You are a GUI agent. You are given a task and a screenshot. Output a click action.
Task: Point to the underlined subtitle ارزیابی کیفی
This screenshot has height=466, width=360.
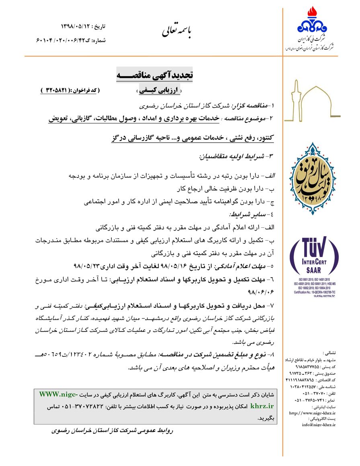coord(158,91)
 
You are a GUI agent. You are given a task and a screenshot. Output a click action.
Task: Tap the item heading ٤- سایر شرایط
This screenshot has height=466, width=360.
coord(251,214)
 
